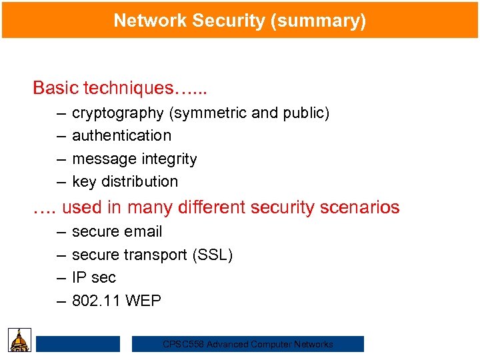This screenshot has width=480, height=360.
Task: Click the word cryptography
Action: [117, 113]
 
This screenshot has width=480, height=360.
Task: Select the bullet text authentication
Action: [121, 136]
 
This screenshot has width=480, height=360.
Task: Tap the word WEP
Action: [143, 301]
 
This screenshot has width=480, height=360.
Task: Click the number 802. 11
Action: [96, 301]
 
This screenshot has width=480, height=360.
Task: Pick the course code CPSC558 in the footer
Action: [184, 345]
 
